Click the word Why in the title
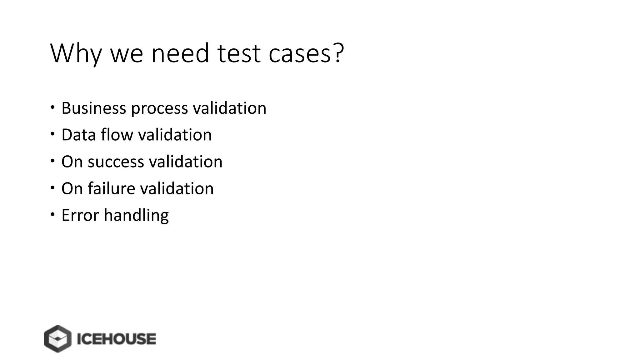(76, 53)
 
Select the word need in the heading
(180, 53)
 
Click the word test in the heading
(239, 53)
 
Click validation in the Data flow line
(175, 135)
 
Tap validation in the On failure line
(177, 188)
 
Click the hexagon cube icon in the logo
(57, 339)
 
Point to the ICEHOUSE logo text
(116, 339)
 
